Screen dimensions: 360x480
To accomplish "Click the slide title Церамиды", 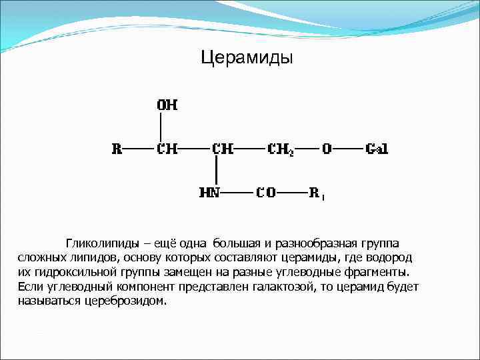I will coord(247,58).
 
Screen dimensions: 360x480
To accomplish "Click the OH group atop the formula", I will coord(167,105).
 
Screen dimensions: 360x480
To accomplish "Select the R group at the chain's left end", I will coord(117,149).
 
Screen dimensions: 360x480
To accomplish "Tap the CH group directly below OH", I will coord(167,149).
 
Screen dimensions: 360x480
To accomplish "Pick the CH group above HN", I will coord(222,149).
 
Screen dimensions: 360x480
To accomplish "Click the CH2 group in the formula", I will coord(280,149).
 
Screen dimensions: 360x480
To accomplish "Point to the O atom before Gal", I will coord(327,149).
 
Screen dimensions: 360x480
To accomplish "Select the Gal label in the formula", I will coord(377,149).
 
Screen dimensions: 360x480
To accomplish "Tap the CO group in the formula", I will coord(267,193).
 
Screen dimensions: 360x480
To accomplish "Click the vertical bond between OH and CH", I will coord(161,127).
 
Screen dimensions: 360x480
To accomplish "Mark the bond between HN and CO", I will coord(239,193).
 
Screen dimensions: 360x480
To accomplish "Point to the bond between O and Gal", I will coord(348,149).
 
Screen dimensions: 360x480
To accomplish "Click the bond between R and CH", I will coord(139,149).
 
